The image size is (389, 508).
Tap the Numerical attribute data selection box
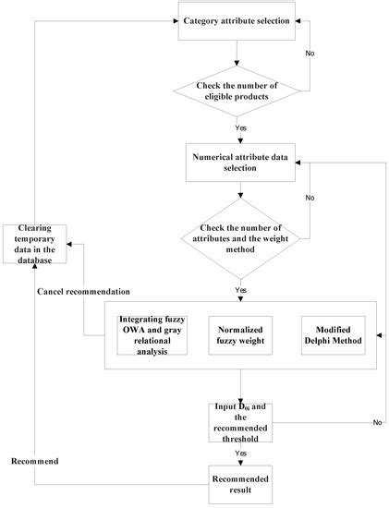[x=240, y=163]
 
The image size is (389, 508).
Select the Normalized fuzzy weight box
[x=240, y=338]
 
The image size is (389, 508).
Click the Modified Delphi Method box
[x=334, y=338]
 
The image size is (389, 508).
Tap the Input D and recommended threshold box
[x=240, y=421]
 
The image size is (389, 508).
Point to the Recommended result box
[x=240, y=486]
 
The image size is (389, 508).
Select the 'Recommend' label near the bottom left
[x=34, y=459]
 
